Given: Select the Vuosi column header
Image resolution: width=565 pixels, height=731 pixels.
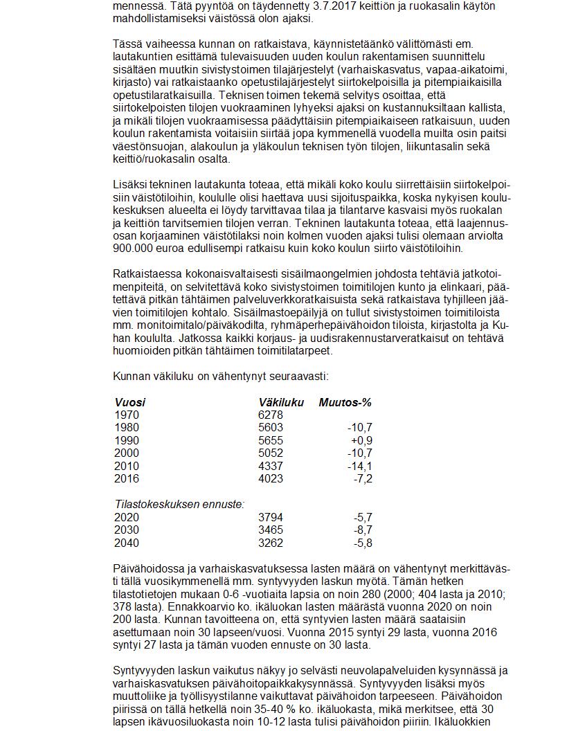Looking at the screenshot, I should tap(129, 402).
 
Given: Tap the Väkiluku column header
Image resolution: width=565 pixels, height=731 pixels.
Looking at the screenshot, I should tap(281, 402).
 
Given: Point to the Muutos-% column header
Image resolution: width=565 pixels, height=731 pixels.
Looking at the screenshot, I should tap(345, 402).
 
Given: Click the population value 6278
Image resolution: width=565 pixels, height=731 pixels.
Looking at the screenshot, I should tap(270, 415).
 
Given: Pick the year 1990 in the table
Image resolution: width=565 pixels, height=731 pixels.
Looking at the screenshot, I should tap(126, 440).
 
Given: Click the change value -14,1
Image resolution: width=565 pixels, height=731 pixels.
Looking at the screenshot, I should tap(359, 466).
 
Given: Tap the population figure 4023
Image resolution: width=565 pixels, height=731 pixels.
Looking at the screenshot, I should tap(270, 478).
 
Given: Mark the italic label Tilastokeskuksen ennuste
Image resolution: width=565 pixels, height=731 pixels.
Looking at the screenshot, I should tap(179, 505).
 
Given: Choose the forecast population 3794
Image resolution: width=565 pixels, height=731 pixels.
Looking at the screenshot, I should tap(270, 517).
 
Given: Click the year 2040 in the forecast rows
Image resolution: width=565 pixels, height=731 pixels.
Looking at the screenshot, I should tap(126, 543).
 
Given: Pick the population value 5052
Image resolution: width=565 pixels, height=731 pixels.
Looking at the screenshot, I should tap(270, 453).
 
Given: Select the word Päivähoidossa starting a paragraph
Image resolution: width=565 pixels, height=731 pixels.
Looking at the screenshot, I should tap(147, 568).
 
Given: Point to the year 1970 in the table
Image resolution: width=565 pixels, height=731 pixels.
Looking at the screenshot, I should tap(126, 415).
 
